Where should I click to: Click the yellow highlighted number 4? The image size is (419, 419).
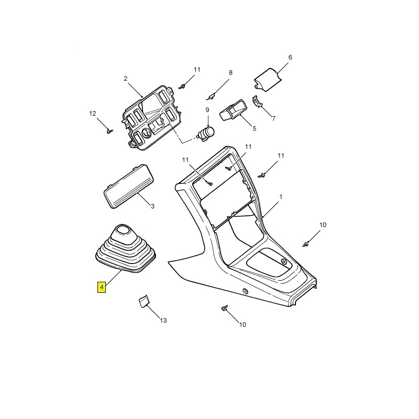point(102,287)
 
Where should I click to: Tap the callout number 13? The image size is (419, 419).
point(163,320)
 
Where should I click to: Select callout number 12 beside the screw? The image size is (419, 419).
point(93,114)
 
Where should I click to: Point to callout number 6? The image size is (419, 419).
point(290,57)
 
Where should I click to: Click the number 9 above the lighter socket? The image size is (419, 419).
point(207,109)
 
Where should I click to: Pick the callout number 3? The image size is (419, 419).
point(152,206)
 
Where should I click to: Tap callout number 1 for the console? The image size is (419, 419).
point(281,197)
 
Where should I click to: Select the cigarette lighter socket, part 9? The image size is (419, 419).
point(206,133)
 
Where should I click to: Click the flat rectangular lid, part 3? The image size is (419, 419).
point(129,186)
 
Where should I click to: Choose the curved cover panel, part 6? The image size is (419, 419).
point(267,80)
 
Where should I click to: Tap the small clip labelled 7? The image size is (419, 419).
point(257,102)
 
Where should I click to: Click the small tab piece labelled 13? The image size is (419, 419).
point(143,302)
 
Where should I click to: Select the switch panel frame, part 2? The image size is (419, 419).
point(152,117)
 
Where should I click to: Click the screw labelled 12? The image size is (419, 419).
point(109,131)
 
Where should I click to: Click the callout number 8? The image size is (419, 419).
point(230,72)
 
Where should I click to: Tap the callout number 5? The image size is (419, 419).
point(255,128)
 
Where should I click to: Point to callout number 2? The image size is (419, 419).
point(126,78)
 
